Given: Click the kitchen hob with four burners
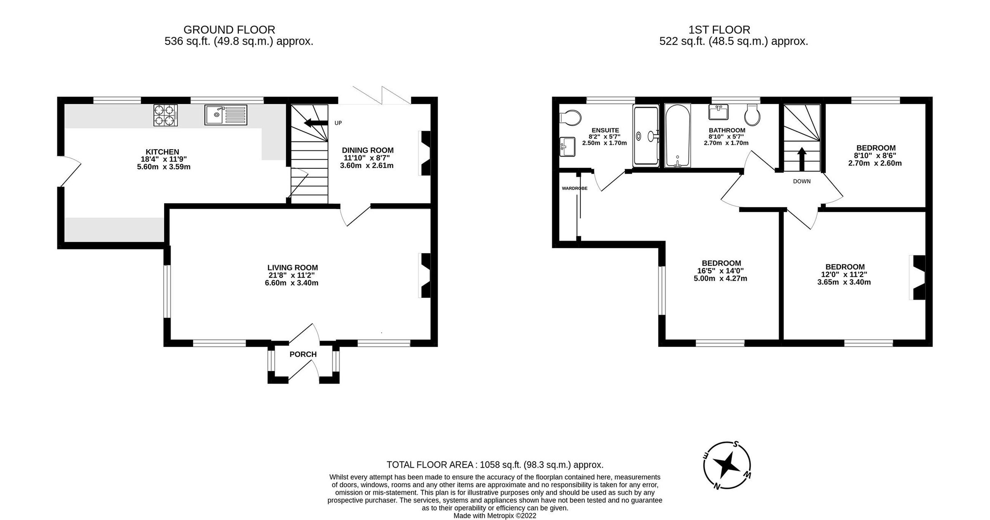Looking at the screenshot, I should tap(165, 115).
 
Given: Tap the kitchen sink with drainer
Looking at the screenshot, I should tap(226, 115).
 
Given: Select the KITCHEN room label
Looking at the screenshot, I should tap(162, 152).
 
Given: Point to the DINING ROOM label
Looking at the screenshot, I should tap(368, 150).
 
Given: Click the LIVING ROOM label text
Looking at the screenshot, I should tap(292, 268).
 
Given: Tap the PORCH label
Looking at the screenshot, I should tap(303, 354).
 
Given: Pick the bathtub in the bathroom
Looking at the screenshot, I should tap(677, 136).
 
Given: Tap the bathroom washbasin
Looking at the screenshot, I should tap(718, 112).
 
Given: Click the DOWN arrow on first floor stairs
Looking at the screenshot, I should tap(801, 159).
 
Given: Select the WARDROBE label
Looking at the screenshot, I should tap(574, 188).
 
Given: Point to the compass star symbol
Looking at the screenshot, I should tap(726, 466).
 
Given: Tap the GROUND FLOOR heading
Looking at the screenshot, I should tap(229, 30).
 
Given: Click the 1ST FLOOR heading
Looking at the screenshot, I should tap(719, 30).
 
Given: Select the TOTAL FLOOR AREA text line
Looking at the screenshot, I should tap(495, 465).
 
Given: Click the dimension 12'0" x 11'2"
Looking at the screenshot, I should tap(844, 275).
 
